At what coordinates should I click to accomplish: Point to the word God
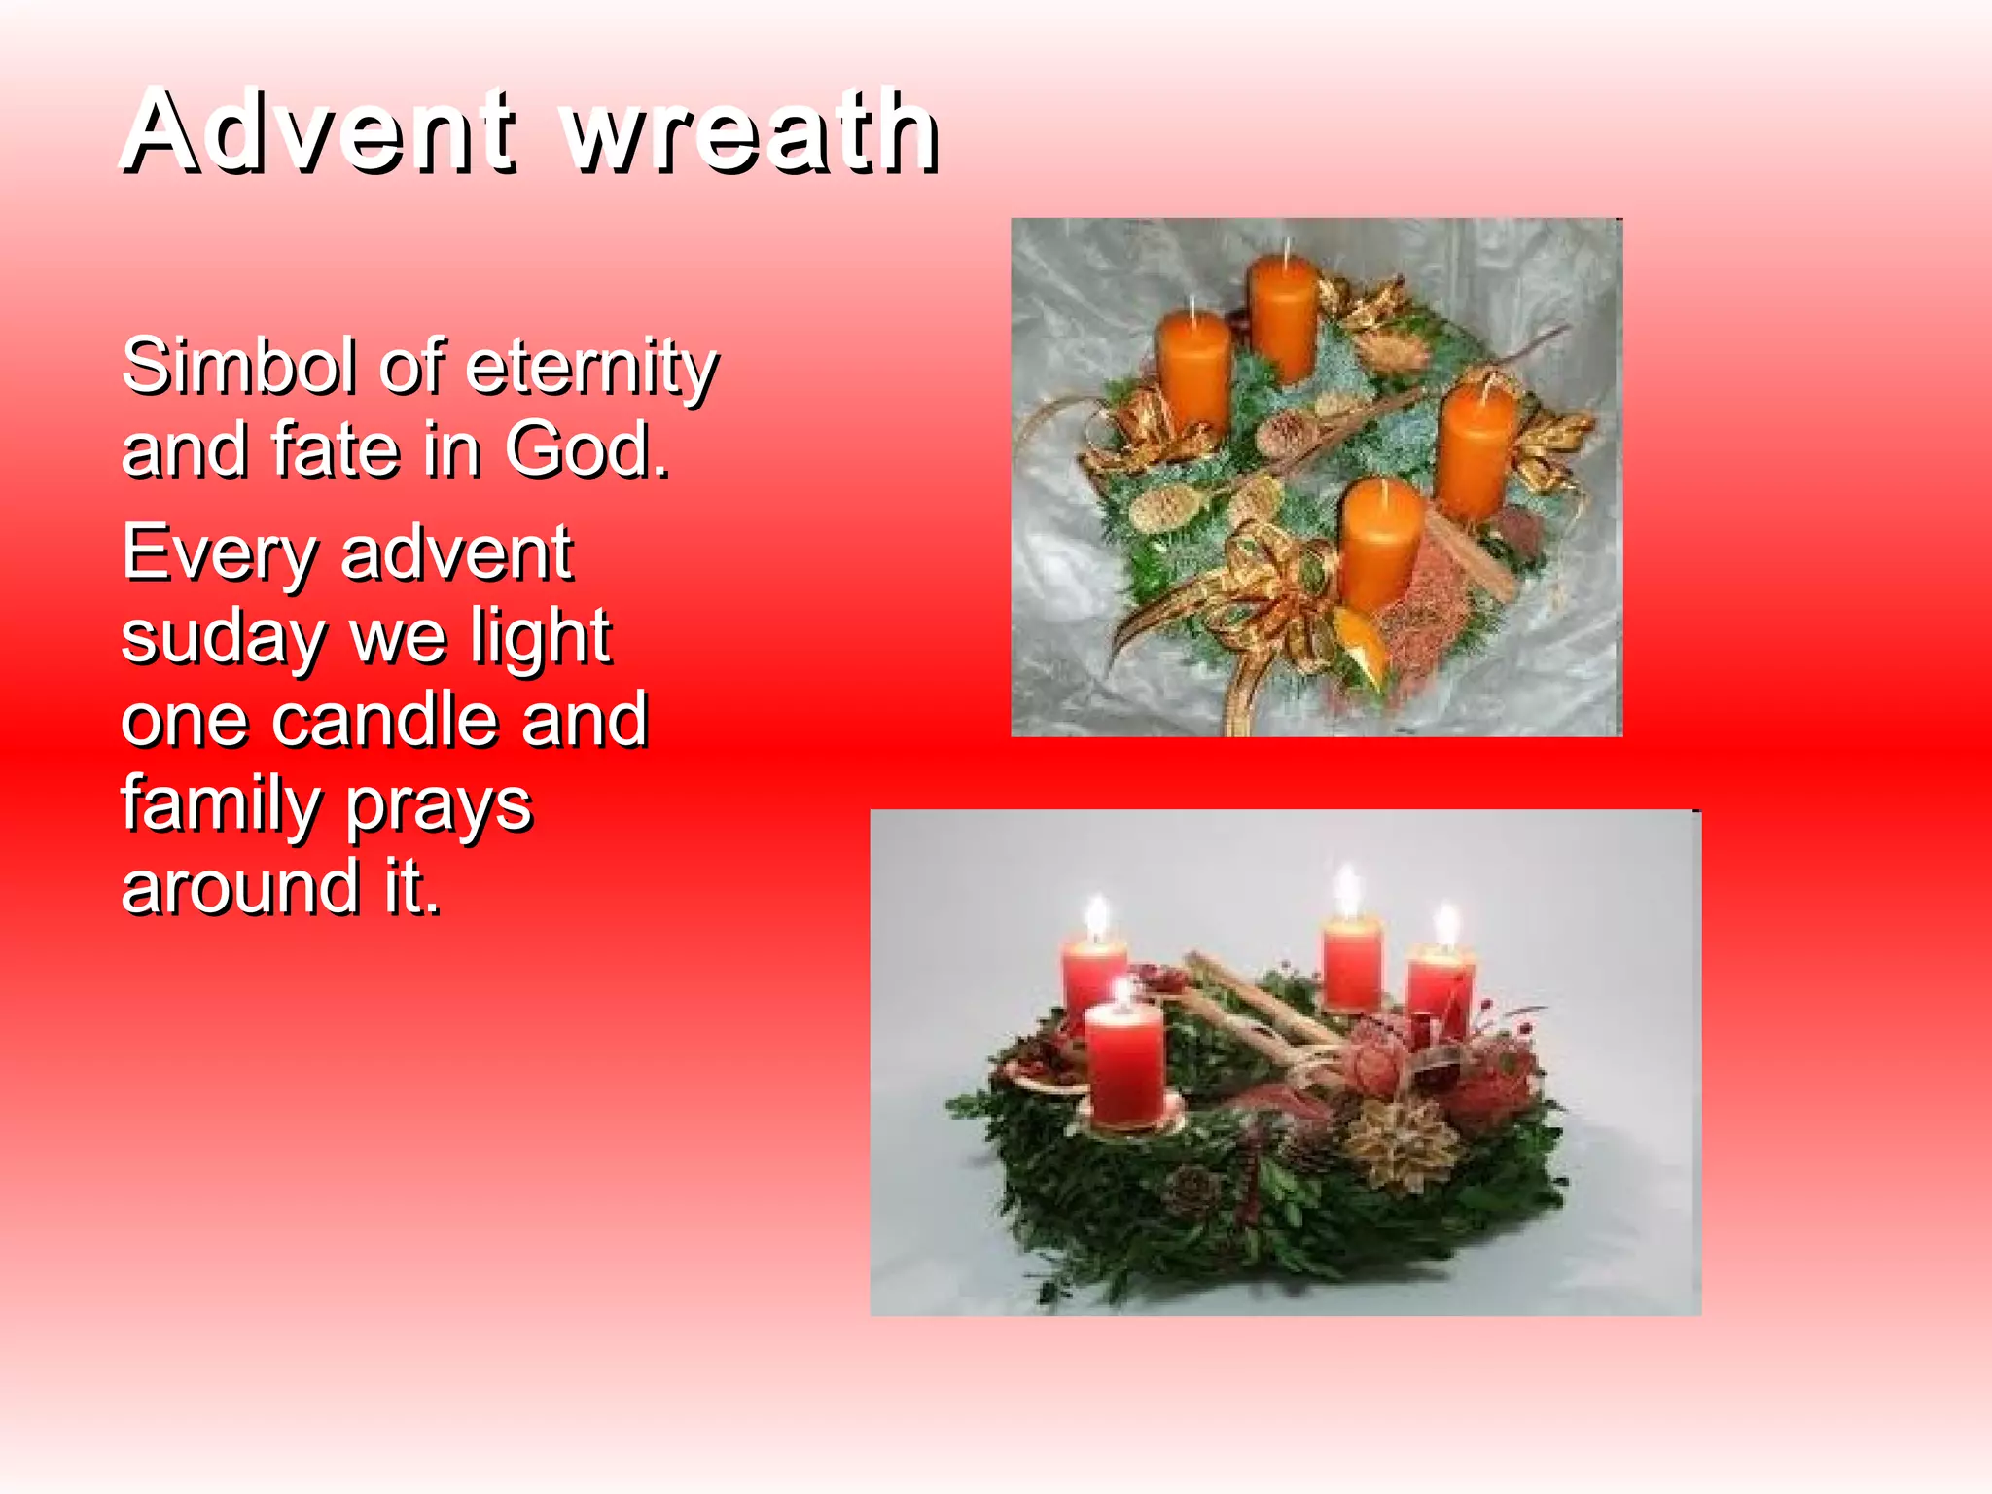point(587,449)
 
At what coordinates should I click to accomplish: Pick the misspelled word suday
point(222,638)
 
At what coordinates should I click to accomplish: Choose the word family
point(220,805)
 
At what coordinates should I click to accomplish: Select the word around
point(239,887)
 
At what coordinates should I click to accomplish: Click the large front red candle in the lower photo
point(1124,1064)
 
